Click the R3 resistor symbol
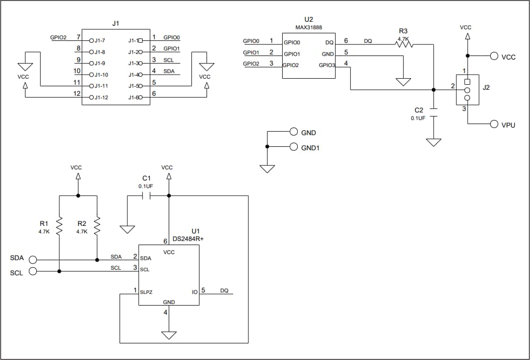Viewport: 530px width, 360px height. click(x=404, y=44)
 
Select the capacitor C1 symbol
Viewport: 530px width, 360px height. click(x=147, y=196)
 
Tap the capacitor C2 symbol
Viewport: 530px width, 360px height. click(x=433, y=112)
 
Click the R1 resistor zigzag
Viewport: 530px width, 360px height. click(x=59, y=226)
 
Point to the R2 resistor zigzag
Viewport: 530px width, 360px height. click(x=97, y=226)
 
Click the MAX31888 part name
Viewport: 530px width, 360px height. click(x=309, y=27)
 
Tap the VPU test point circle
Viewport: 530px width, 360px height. click(x=494, y=125)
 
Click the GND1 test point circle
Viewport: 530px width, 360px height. click(x=294, y=147)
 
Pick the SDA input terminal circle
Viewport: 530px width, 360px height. click(x=33, y=260)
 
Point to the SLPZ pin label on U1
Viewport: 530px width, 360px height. click(x=147, y=291)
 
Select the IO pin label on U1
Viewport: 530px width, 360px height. click(x=194, y=291)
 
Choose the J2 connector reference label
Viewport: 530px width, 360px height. click(x=486, y=87)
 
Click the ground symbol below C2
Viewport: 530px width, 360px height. click(x=433, y=142)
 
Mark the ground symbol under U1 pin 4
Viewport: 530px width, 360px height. click(x=169, y=335)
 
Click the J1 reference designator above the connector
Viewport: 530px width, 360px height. click(x=116, y=23)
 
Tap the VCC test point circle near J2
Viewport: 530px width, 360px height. click(x=494, y=56)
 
